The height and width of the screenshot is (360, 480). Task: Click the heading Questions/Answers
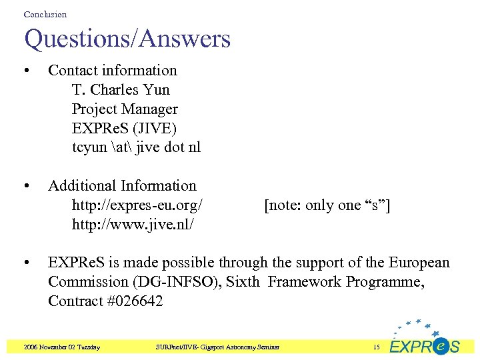point(127,39)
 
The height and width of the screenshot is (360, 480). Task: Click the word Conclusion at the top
point(45,14)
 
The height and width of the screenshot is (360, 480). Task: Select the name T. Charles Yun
point(121,89)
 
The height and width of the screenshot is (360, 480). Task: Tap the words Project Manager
point(125,109)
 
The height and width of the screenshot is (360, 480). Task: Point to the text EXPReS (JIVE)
point(124,128)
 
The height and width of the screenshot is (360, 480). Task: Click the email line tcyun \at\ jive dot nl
point(136,147)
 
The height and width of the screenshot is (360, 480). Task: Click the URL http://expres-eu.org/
point(137,205)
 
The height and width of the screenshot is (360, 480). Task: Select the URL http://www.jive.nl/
point(133,225)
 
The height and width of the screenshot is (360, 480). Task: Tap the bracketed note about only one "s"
point(327,205)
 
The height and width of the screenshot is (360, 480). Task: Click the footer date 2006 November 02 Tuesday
point(61,347)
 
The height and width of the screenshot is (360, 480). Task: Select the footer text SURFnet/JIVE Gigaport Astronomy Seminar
point(218,347)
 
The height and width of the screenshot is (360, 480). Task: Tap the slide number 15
point(376,347)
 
